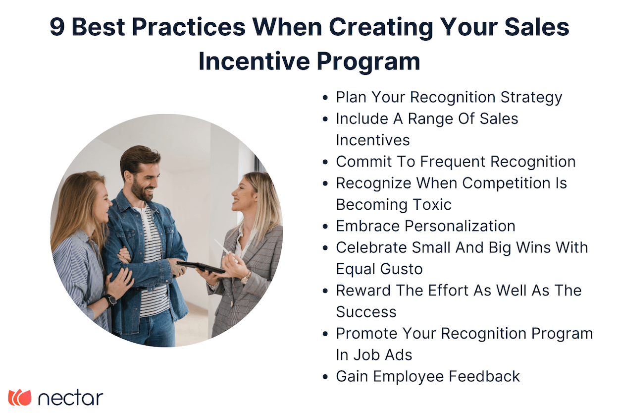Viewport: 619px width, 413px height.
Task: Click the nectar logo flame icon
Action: point(20,398)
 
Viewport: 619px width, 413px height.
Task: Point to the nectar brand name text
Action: point(70,398)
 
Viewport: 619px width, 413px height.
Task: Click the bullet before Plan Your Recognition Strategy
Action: point(325,98)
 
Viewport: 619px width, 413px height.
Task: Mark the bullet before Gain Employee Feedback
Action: point(325,377)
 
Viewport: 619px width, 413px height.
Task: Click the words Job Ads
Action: point(381,355)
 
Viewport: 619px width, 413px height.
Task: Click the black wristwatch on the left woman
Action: point(110,300)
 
